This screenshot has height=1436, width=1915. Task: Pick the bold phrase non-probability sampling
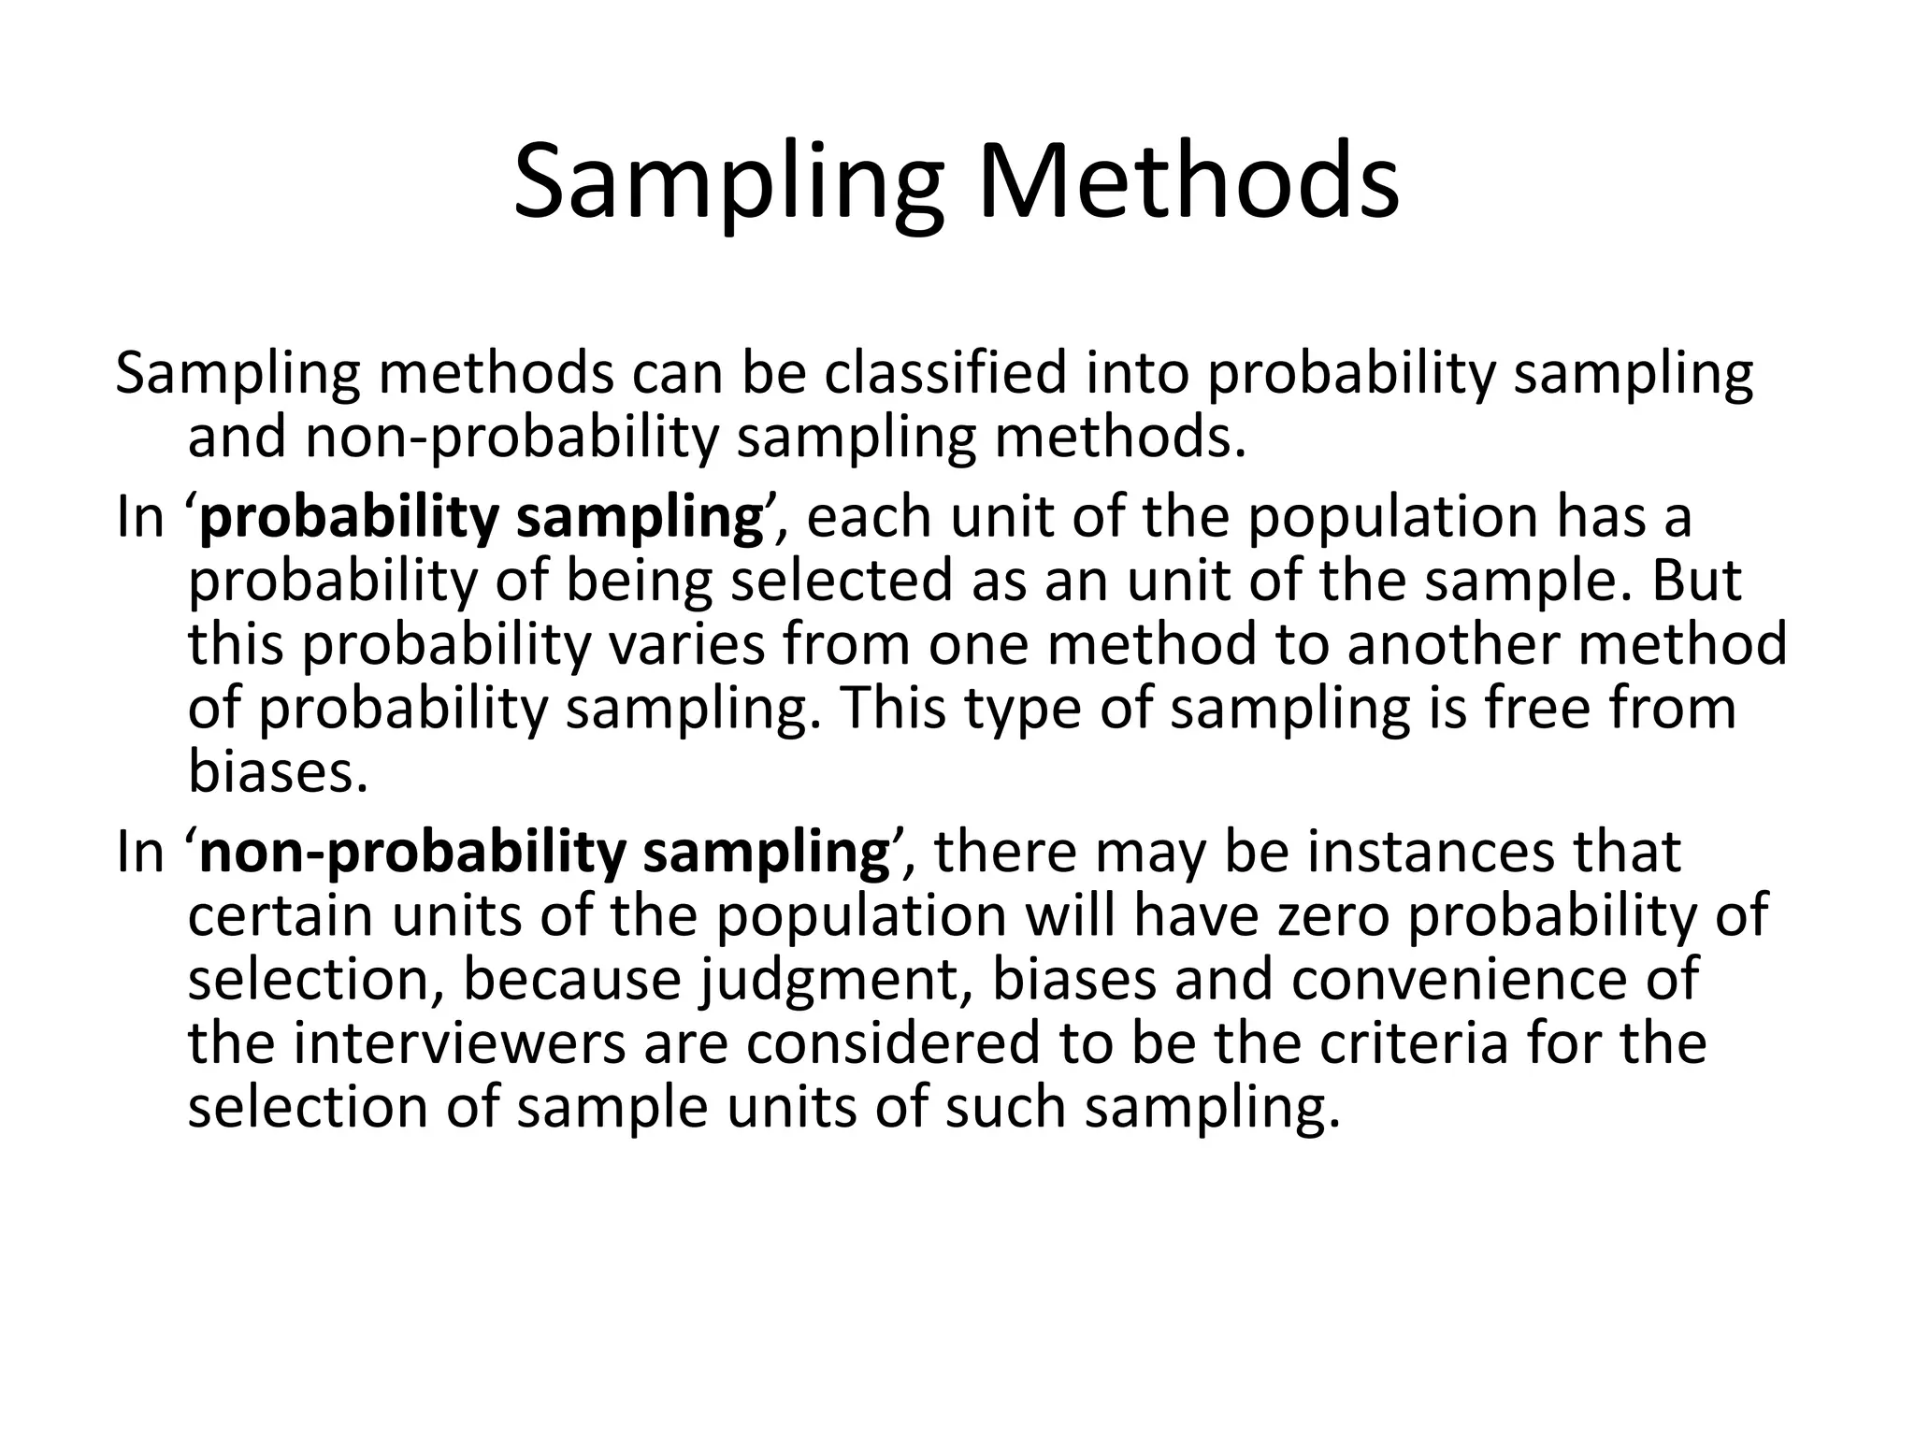[x=544, y=853]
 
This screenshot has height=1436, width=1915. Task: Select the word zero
[x=1323, y=916]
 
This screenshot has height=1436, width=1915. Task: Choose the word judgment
[x=834, y=980]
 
